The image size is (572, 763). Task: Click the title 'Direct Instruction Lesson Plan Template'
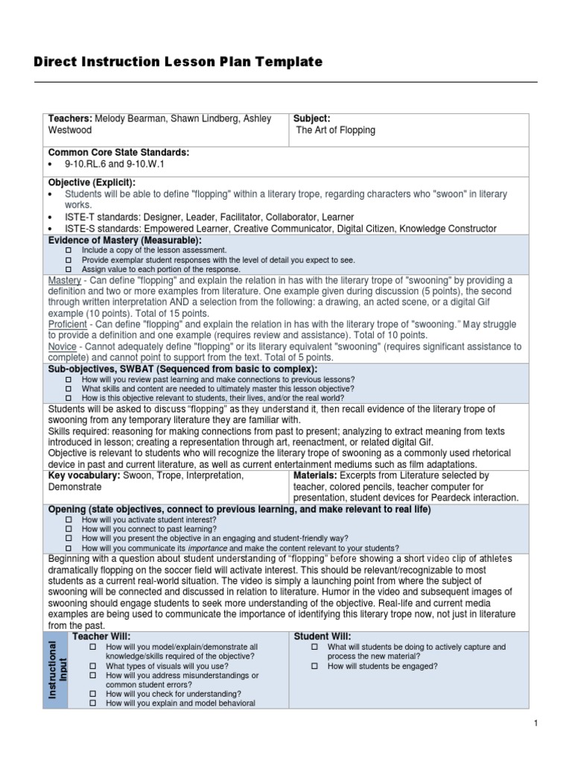click(178, 63)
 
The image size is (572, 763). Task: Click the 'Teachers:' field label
click(71, 119)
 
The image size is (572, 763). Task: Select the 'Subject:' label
click(312, 119)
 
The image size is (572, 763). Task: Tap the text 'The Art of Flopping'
click(336, 130)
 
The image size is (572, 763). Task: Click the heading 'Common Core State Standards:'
click(118, 153)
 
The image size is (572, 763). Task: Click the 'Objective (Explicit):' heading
click(92, 183)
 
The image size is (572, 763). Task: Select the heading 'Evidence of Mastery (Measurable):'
click(125, 240)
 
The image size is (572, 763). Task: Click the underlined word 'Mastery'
click(65, 280)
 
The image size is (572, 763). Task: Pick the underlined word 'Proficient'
click(68, 325)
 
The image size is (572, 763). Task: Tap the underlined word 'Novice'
click(62, 347)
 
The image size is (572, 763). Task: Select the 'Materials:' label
click(318, 475)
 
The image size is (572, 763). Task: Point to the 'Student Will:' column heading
click(323, 636)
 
